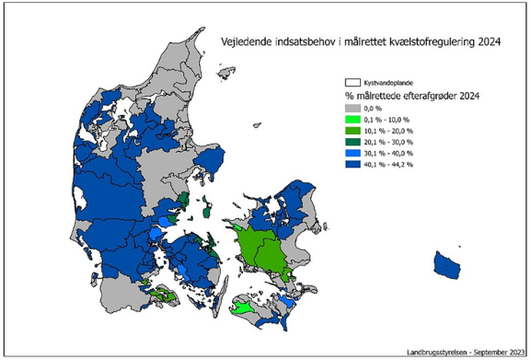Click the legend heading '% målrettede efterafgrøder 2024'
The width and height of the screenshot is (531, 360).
click(x=414, y=95)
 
